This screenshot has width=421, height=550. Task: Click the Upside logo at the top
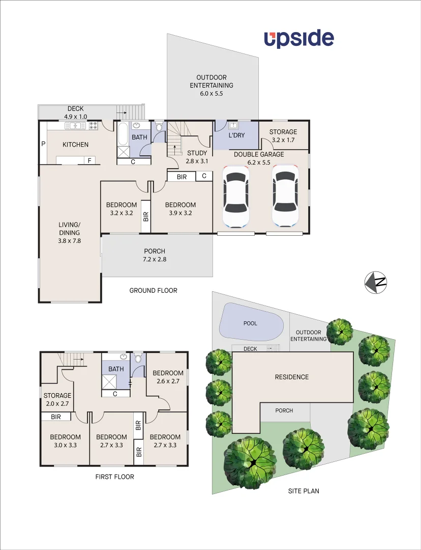click(298, 39)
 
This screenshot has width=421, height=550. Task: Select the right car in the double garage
click(286, 196)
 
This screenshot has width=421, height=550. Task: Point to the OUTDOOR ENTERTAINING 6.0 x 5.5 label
click(212, 86)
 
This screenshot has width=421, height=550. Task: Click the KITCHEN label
click(75, 145)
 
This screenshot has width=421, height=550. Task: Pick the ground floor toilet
click(159, 127)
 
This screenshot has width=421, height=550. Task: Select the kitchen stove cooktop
click(94, 125)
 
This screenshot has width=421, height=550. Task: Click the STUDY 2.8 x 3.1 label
click(197, 157)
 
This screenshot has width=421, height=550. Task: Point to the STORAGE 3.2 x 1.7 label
click(283, 135)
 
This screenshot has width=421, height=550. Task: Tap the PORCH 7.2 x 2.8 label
click(155, 255)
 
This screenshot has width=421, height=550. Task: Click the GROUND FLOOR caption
click(153, 290)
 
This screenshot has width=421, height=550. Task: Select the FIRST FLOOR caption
click(114, 477)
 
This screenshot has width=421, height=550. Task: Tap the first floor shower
click(110, 381)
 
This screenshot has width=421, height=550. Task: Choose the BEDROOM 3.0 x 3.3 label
click(65, 441)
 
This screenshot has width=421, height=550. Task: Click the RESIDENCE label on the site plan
click(292, 377)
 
